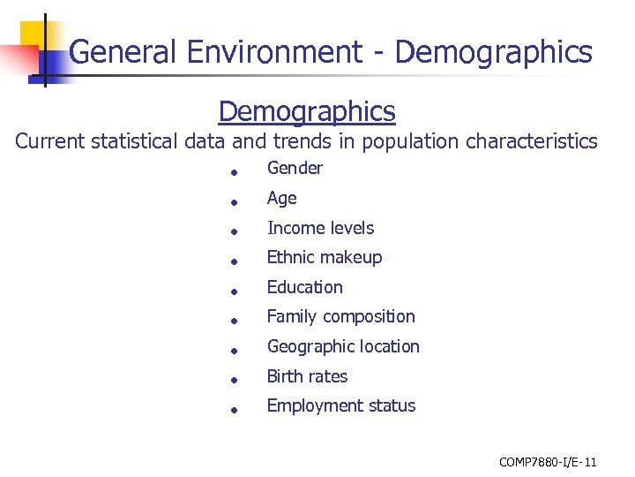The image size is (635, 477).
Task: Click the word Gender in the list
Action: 295,169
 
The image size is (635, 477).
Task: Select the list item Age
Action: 281,199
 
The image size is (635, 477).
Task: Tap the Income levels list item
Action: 320,228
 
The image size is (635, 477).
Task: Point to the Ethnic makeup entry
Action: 324,258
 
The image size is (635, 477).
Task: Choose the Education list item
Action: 304,287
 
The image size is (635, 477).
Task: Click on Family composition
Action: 340,316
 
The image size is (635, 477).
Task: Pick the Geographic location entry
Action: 343,346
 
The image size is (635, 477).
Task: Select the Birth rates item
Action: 307,376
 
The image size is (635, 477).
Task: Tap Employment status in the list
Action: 340,405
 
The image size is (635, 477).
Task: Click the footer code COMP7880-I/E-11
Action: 548,462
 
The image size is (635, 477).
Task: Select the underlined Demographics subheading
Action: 307,112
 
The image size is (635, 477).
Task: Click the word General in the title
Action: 123,53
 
